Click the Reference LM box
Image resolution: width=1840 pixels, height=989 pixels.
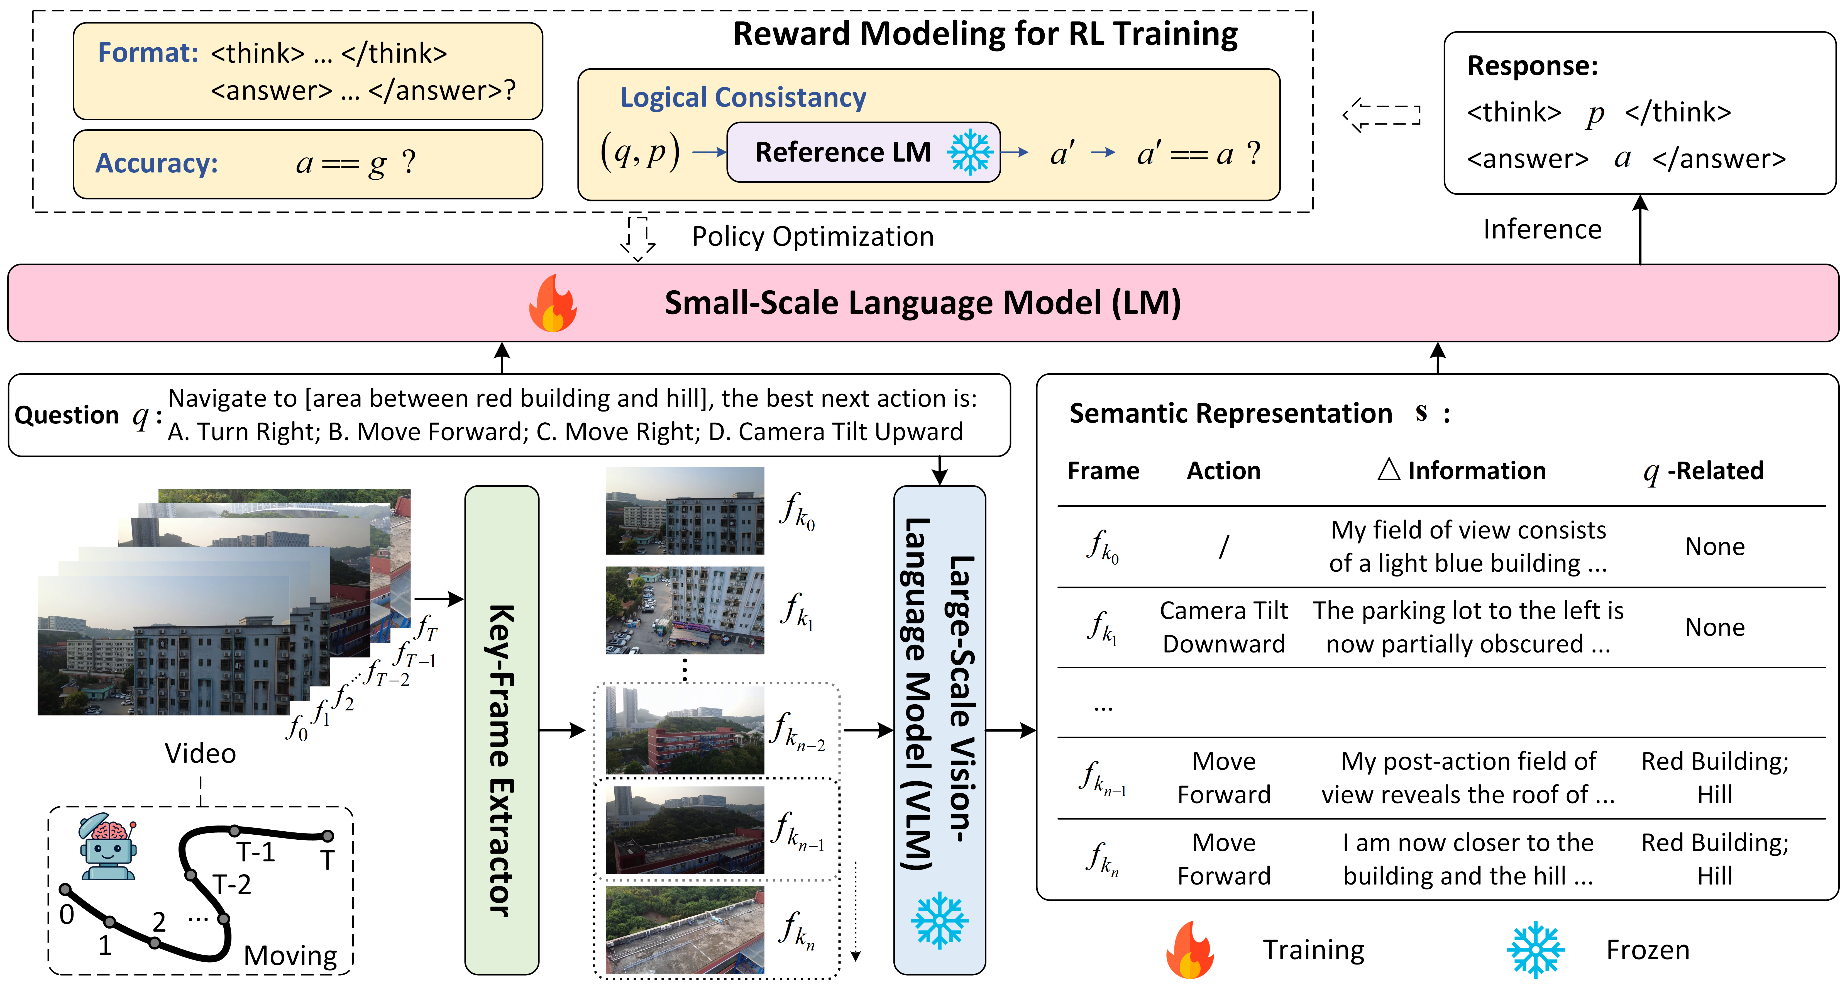[x=863, y=152]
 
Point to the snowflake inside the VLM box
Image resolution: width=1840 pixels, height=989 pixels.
[x=939, y=920]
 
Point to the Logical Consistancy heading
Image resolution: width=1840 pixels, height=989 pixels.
[x=743, y=97]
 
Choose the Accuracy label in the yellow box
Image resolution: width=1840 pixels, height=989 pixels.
[x=157, y=163]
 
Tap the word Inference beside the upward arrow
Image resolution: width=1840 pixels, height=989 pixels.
[x=1542, y=229]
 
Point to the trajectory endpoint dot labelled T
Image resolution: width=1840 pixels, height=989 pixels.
[x=327, y=835]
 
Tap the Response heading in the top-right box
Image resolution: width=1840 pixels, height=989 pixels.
[x=1532, y=66]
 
